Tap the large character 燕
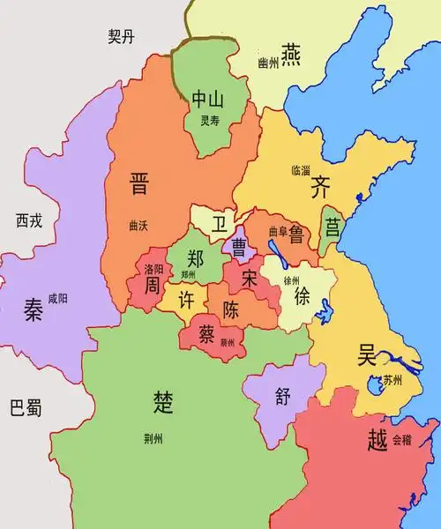pos(292,52)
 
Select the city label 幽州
pos(267,63)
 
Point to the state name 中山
pos(209,100)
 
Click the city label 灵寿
pos(209,122)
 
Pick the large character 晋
pos(138,183)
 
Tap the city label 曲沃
pos(138,226)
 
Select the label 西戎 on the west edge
pos(29,220)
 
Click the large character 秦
pos(34,310)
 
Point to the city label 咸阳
pos(58,298)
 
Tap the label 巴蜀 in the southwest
pos(25,408)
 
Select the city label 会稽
pos(401,438)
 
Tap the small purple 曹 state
pos(238,246)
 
